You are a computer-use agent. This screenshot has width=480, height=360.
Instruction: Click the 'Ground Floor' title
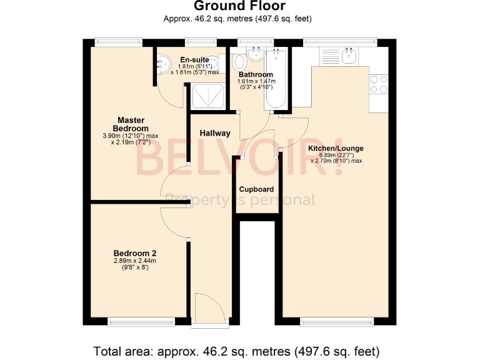[x=239, y=6]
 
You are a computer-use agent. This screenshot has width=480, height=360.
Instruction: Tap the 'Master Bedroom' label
[x=132, y=124]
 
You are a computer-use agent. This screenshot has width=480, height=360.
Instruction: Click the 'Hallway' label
[x=215, y=133]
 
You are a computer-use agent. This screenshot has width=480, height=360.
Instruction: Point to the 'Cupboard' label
[x=256, y=189]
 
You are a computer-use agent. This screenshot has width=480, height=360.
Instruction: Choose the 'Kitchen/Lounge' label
[x=336, y=149]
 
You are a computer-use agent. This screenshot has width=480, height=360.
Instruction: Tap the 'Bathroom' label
[x=255, y=75]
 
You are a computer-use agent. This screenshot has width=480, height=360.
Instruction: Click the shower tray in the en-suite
[x=207, y=97]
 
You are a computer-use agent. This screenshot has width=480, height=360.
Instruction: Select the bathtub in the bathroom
[x=275, y=82]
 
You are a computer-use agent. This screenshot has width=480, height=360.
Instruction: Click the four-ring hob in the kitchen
[x=378, y=84]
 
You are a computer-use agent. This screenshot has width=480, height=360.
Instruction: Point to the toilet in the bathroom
[x=239, y=62]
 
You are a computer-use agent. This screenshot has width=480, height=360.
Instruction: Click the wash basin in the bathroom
[x=256, y=54]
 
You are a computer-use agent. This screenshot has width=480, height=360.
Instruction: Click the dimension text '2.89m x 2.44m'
[x=134, y=261]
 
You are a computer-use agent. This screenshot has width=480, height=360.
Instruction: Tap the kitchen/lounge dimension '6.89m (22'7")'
[x=336, y=155]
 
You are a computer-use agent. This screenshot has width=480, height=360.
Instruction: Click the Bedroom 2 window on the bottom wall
[x=141, y=322]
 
